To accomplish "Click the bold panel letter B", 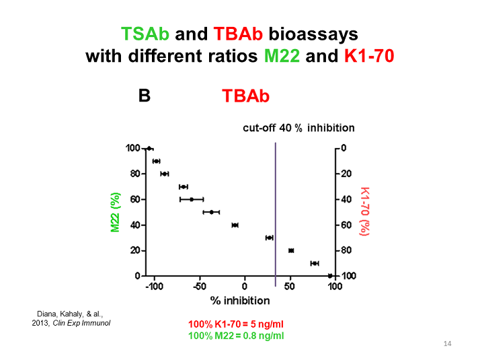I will coord(144,96).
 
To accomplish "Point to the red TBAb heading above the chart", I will coord(245,97).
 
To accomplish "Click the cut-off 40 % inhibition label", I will coord(298,128).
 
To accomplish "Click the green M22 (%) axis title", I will coord(115,213).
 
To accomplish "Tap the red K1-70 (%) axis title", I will coord(364,211).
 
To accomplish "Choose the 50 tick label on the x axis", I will coord(290,286).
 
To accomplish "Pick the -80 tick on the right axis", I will coord(348,250).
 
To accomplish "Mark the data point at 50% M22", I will coord(211,212).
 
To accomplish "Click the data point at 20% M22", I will coord(291,250).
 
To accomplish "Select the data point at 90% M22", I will coord(156,161).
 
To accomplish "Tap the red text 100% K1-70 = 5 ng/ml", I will coord(236,324).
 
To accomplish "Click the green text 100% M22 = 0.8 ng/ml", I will coord(236,335).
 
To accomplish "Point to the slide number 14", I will coord(448,345).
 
